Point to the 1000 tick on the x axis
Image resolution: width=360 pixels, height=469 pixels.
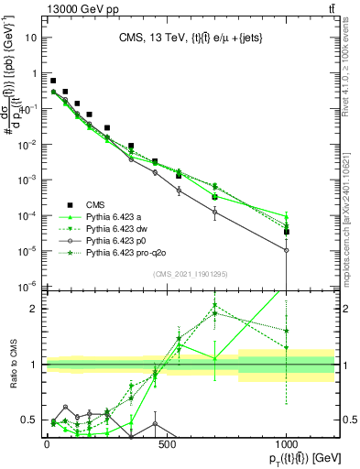coord(287,442)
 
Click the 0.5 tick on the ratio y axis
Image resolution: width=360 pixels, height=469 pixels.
coord(30,420)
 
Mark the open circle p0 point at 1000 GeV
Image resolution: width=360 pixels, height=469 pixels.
coord(287,250)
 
